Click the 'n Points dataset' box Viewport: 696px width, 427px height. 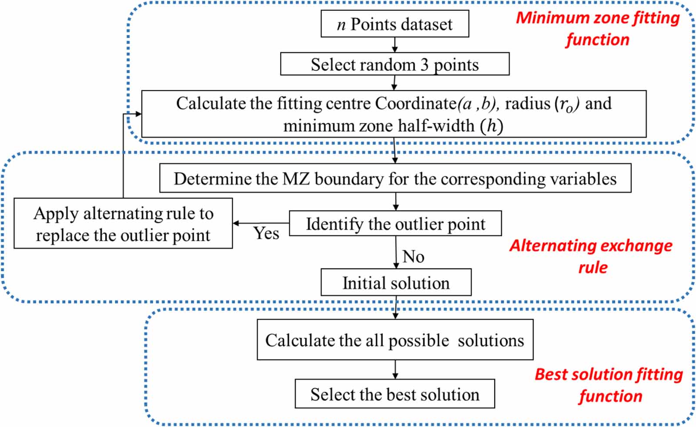395,24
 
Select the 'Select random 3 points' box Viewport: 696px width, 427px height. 395,64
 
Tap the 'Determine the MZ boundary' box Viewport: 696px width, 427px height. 395,178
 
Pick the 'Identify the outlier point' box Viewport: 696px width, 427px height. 395,224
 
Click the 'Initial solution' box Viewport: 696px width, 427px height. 396,283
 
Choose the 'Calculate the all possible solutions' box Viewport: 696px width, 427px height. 395,340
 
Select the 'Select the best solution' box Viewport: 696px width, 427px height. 395,394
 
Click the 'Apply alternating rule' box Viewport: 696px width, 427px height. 123,224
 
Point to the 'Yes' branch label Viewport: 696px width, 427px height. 266,234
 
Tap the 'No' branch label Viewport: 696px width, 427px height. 413,257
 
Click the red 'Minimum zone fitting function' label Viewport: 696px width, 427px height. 598,28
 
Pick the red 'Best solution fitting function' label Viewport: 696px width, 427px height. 609,385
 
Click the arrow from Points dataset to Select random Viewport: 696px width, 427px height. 395,45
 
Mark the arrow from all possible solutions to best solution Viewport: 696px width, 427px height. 395,370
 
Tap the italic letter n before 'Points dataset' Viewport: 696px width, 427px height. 341,25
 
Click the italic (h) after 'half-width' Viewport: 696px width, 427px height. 492,126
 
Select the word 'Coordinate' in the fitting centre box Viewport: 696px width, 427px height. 415,103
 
